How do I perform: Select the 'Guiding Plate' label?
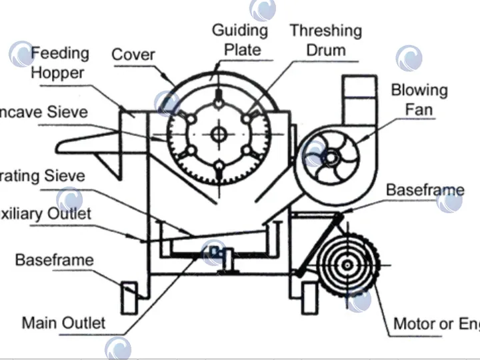click(240, 39)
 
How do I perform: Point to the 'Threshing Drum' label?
click(326, 40)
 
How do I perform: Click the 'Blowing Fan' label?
click(419, 99)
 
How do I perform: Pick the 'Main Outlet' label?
click(64, 323)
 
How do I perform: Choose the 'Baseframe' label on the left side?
click(55, 260)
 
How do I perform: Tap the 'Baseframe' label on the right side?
click(425, 190)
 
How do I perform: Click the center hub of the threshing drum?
click(219, 135)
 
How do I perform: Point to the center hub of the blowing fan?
click(330, 158)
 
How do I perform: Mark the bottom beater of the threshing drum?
click(219, 171)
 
